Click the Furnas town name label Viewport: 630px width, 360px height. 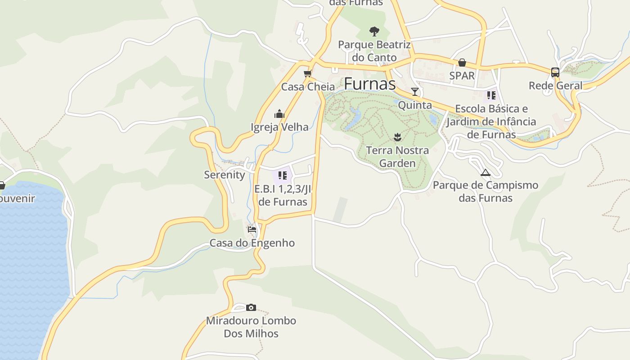(370, 84)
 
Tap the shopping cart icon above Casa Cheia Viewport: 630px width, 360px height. (308, 73)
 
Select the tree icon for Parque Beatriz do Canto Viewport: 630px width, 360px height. (374, 31)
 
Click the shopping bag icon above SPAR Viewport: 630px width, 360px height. (462, 63)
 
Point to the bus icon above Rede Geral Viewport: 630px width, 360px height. (555, 72)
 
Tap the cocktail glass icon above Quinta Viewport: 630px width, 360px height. (415, 92)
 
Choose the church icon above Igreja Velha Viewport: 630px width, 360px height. (279, 114)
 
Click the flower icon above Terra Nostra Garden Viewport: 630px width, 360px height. (397, 136)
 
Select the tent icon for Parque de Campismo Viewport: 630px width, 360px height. (485, 172)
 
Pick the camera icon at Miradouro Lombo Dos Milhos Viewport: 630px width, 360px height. (251, 308)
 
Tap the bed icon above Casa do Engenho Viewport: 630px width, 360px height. (252, 229)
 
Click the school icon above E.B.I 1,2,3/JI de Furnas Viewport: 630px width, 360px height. (283, 175)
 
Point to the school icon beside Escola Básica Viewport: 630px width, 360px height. (491, 95)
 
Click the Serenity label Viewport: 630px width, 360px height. (225, 175)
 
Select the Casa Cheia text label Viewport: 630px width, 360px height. (308, 87)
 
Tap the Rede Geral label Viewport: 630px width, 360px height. (555, 85)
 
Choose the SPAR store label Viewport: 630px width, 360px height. (462, 76)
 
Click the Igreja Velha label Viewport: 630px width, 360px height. (279, 127)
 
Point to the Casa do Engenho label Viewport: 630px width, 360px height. (252, 243)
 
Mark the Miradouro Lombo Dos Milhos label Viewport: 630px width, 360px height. (251, 327)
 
